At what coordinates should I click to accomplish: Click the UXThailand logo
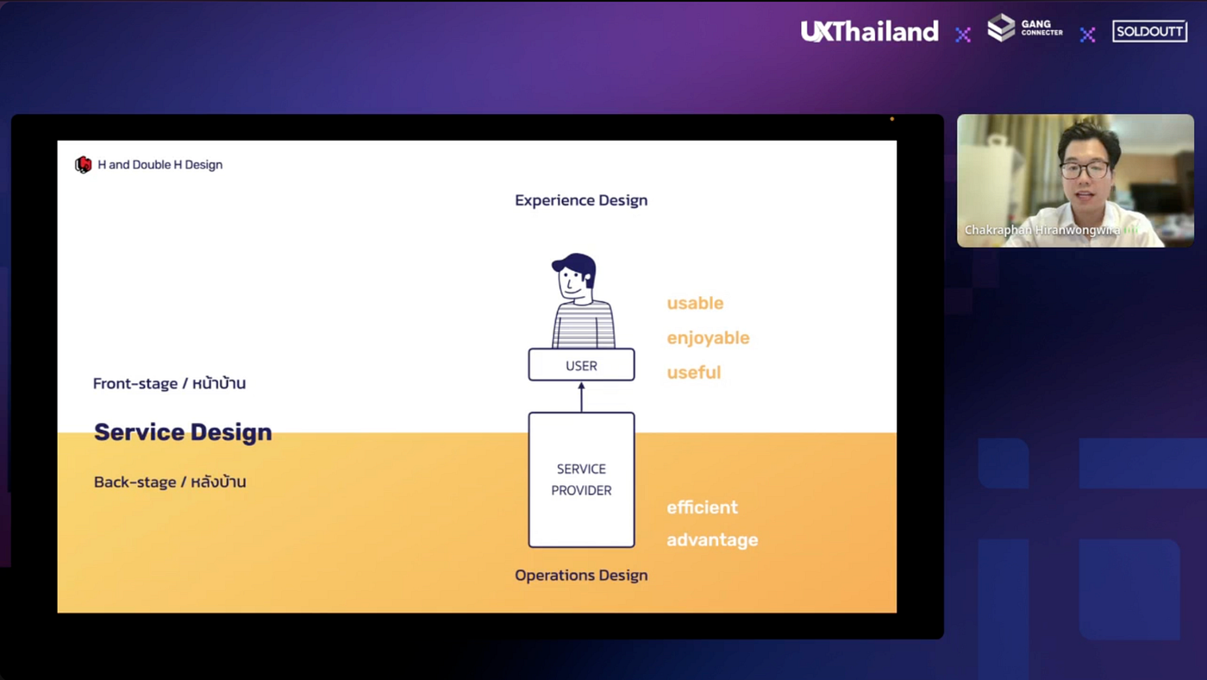pos(869,32)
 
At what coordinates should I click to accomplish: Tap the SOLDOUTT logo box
pos(1149,32)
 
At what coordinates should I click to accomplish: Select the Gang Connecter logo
pos(1024,28)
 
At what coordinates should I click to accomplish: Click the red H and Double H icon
pos(84,165)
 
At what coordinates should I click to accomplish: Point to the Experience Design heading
pos(581,200)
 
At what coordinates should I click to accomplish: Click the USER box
pos(581,365)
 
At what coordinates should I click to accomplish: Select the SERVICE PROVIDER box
pos(581,480)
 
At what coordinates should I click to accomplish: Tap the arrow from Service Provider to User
pos(581,397)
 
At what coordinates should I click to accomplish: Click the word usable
pos(695,304)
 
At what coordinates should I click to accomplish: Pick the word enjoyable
pos(708,338)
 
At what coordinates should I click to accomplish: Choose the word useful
pos(693,373)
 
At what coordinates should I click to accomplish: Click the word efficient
pos(702,507)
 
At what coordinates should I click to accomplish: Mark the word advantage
pos(712,540)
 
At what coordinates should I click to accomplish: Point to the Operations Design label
pos(581,576)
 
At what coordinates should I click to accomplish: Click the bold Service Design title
pos(183,432)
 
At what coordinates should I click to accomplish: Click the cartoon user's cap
pos(575,262)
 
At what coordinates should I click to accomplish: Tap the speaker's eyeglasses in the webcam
pos(1085,169)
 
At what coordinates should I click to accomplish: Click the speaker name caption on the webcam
pos(1042,230)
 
